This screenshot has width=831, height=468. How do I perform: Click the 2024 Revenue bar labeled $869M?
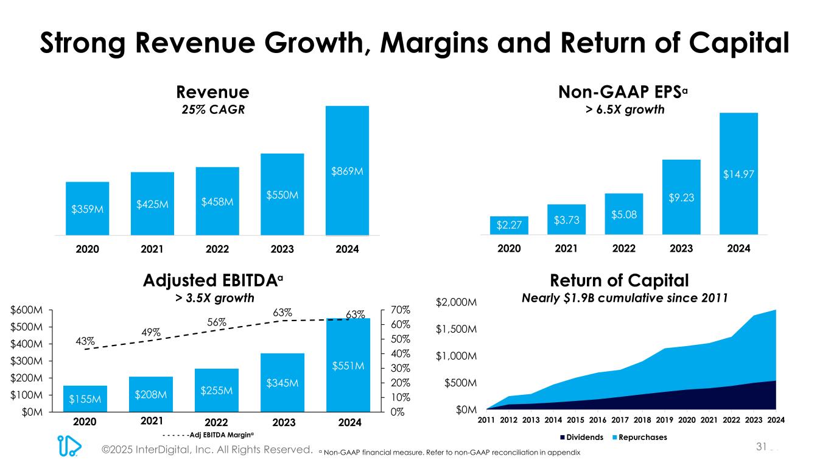tap(347, 171)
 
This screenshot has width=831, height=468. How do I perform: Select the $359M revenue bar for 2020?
tap(87, 208)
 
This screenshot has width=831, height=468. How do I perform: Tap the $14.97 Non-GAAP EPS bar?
tap(738, 174)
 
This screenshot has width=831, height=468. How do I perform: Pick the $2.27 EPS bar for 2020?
tap(509, 225)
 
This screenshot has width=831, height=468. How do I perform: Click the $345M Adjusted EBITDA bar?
tap(282, 382)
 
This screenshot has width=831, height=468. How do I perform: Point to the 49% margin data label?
tap(150, 332)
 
